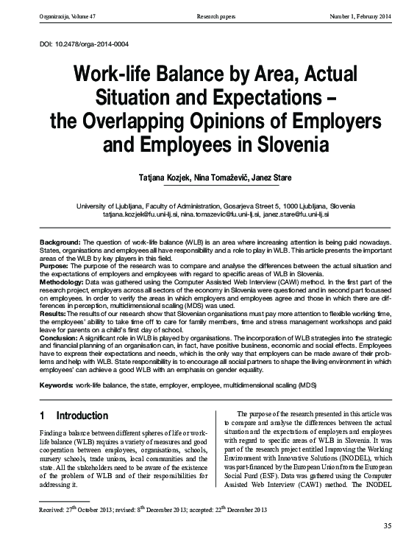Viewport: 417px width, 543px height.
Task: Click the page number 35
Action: tap(388, 525)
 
